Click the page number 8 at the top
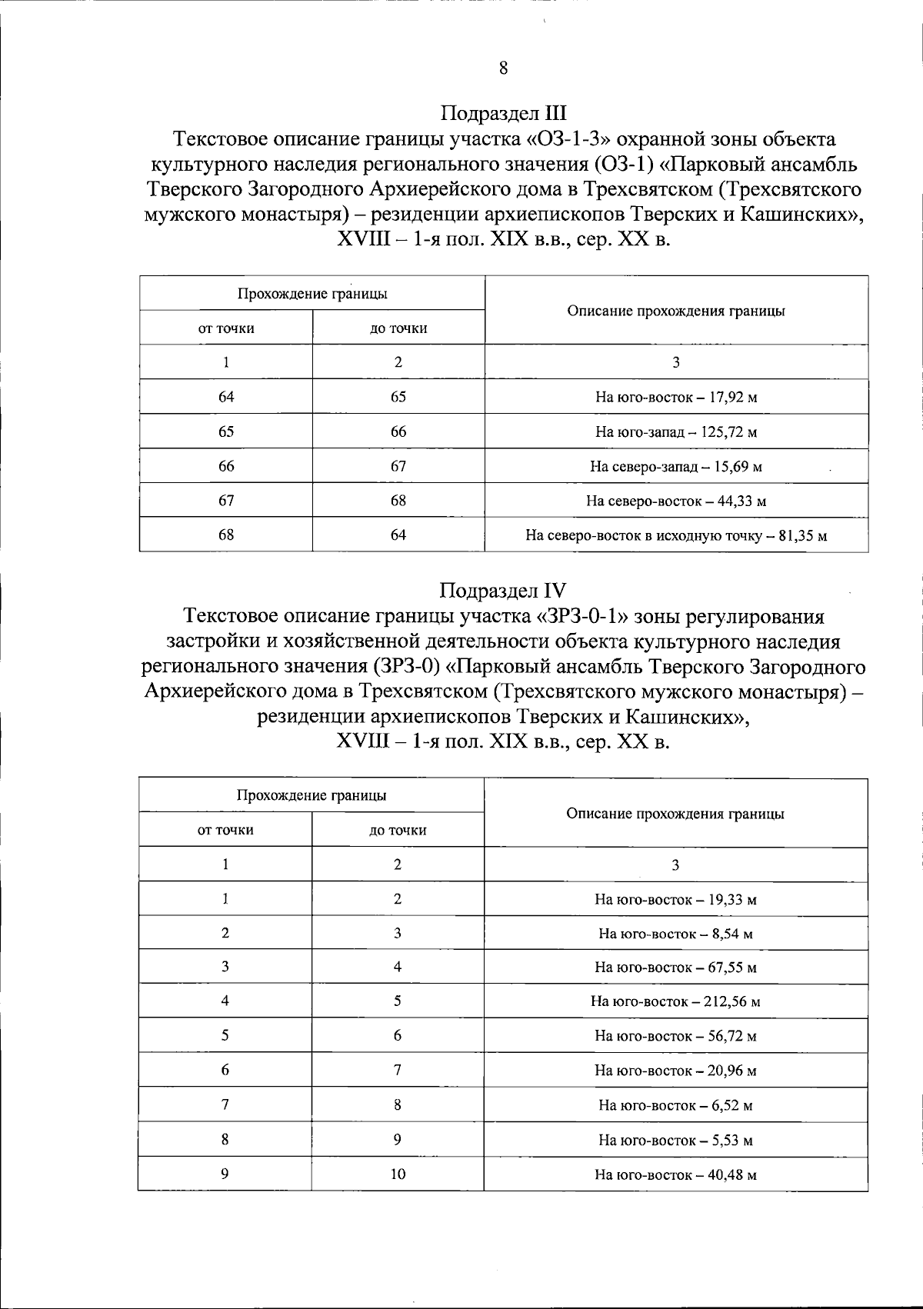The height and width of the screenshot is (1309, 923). point(503,68)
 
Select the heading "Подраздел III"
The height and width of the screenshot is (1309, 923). point(503,114)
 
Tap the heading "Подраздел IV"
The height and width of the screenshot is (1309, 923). point(503,591)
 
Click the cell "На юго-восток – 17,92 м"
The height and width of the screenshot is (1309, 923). point(676,398)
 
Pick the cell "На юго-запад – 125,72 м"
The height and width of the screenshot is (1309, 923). point(676,432)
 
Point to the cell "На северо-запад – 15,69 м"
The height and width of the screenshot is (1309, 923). point(676,467)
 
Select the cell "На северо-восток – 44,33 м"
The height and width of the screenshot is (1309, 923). point(676,501)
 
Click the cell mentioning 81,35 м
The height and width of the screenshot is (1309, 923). point(676,535)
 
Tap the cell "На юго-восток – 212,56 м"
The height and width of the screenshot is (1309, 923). point(675,1001)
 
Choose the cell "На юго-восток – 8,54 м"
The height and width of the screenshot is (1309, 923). point(675,934)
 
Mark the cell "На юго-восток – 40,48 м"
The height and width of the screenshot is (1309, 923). point(675,1174)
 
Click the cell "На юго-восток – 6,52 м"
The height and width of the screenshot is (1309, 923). point(675,1105)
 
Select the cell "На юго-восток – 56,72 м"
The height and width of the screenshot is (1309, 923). point(675,1036)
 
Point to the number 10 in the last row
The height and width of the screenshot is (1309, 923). point(398,1174)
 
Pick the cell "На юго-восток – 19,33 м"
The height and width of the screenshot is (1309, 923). point(675,899)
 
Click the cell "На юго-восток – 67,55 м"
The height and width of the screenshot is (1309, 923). point(675,968)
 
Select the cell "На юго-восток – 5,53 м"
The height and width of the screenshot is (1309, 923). point(675,1140)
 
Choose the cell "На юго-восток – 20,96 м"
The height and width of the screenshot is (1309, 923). point(675,1071)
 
